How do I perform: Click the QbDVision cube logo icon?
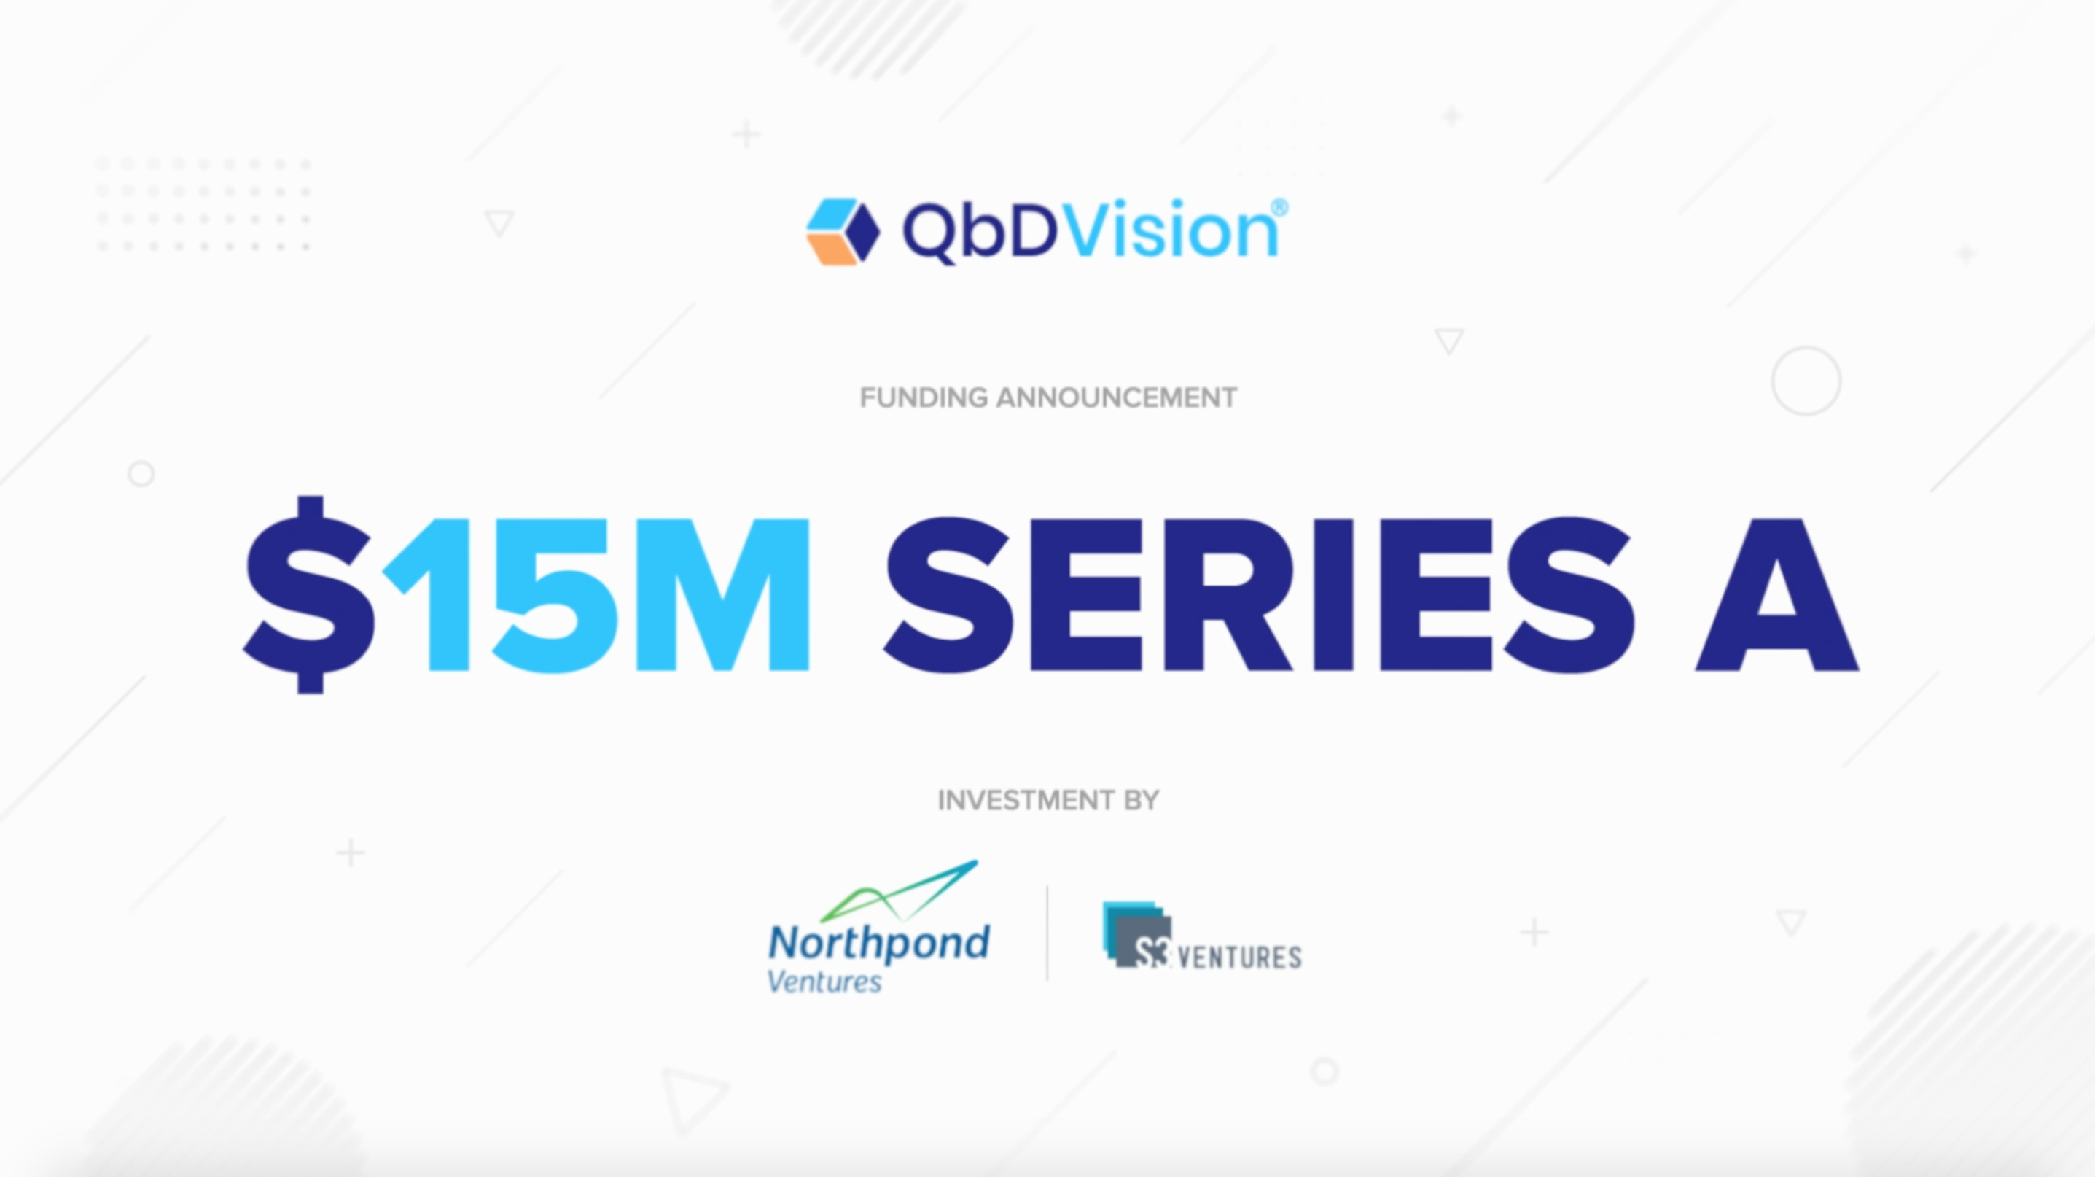[x=843, y=231]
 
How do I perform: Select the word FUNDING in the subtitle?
[x=924, y=397]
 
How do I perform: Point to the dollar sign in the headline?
[x=310, y=594]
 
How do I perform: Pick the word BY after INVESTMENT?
[x=1142, y=801]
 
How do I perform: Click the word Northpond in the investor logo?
[x=879, y=943]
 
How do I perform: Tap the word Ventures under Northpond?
[x=824, y=982]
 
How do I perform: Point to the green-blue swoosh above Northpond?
[x=899, y=890]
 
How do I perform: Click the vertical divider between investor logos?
[x=1047, y=933]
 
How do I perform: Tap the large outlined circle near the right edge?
[x=1806, y=381]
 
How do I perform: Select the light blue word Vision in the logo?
[x=1171, y=231]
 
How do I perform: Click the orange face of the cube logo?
[x=830, y=249]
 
